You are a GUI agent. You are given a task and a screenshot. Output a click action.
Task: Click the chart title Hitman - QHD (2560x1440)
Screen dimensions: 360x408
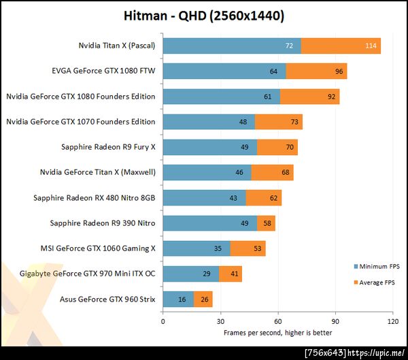click(x=204, y=16)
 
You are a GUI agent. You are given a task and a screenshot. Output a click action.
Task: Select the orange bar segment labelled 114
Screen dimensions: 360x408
click(x=340, y=46)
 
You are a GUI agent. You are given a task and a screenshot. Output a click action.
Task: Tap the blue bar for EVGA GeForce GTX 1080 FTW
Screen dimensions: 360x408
click(x=224, y=71)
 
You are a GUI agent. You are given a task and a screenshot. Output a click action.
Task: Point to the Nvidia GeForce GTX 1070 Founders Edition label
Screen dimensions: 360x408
click(x=80, y=122)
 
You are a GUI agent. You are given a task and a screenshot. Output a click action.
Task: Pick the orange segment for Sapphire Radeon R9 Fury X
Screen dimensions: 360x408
click(x=277, y=147)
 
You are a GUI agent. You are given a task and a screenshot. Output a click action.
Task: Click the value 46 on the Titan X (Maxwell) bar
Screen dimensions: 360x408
click(x=239, y=172)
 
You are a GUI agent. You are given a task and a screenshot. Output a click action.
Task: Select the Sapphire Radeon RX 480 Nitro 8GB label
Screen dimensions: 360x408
click(x=94, y=198)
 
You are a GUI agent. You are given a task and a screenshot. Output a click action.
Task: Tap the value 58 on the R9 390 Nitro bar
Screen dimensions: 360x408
click(x=267, y=223)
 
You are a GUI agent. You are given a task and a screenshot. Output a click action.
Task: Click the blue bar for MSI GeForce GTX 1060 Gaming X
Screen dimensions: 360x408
click(x=196, y=248)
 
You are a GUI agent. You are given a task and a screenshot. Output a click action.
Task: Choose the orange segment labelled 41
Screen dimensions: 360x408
click(x=231, y=274)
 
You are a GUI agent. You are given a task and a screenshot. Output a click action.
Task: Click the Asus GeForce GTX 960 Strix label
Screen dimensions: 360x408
click(x=107, y=299)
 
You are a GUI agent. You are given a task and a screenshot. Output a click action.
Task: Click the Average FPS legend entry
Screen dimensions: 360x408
click(x=375, y=282)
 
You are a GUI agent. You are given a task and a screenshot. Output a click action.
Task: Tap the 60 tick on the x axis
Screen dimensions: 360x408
click(x=278, y=321)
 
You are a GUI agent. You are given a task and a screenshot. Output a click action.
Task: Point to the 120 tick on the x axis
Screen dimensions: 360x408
click(x=392, y=321)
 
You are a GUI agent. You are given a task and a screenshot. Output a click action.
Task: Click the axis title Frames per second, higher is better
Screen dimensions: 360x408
click(x=277, y=333)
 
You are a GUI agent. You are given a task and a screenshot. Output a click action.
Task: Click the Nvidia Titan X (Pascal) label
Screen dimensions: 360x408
click(x=116, y=46)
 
